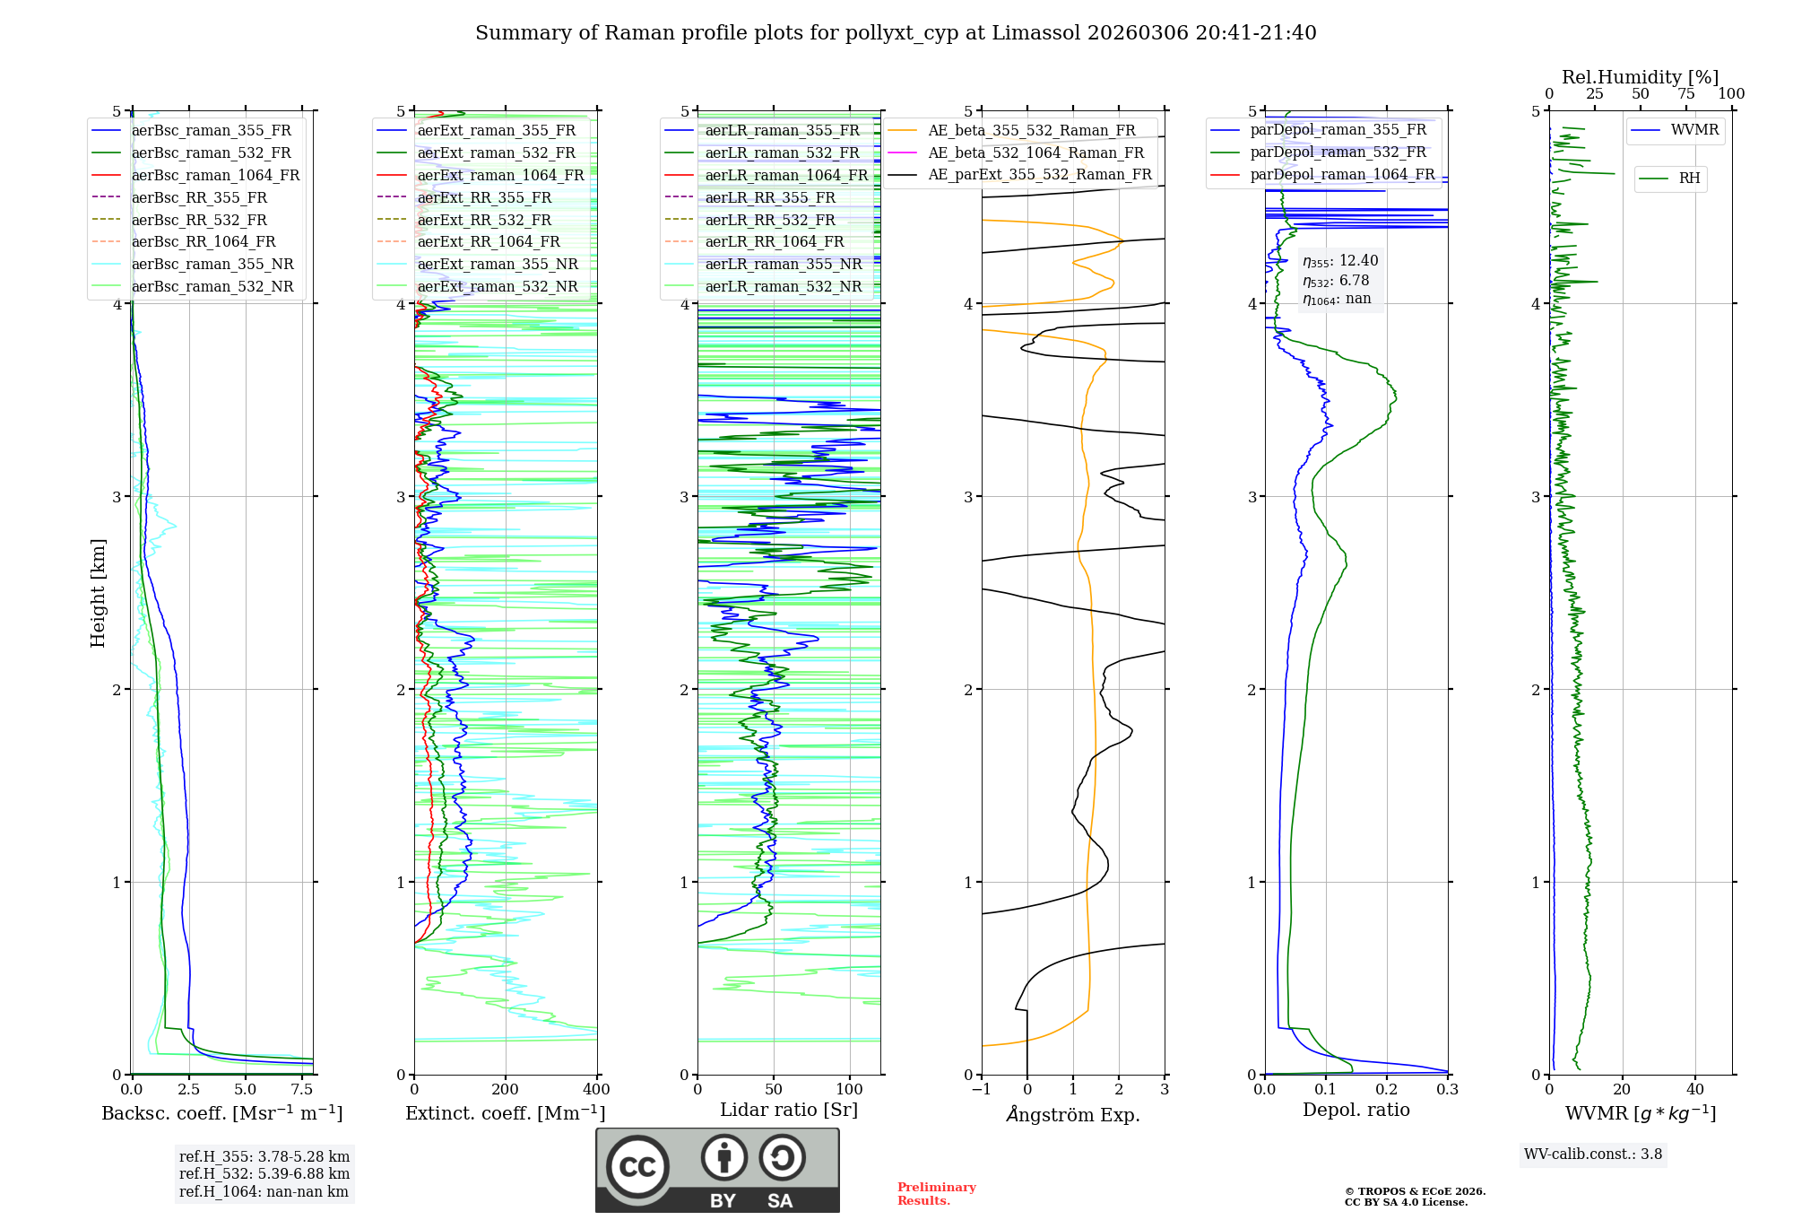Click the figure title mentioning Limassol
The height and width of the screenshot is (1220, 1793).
(x=896, y=33)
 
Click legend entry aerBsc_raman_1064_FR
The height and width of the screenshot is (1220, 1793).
(x=215, y=175)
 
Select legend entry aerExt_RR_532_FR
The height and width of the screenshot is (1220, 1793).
(x=484, y=220)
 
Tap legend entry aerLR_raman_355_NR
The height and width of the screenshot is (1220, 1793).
(x=783, y=264)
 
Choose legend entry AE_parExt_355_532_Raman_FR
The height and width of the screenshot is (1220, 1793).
(x=1039, y=174)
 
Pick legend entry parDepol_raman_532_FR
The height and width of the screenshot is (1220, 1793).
(x=1338, y=152)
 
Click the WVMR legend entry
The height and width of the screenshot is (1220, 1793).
(x=1693, y=130)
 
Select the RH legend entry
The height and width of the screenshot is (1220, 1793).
(x=1689, y=179)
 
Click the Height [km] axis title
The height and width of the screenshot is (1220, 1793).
(x=98, y=593)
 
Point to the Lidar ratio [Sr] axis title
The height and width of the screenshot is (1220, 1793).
(x=789, y=1110)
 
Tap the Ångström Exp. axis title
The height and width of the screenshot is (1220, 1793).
(x=1073, y=1114)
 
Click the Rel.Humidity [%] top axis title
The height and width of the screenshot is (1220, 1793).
(x=1640, y=77)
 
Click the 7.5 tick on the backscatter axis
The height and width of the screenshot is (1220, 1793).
(x=302, y=1089)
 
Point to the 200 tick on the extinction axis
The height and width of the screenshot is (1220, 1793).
(x=506, y=1089)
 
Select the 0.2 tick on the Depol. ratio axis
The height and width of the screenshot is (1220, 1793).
(x=1387, y=1089)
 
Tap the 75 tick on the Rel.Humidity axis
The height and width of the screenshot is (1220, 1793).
(x=1686, y=94)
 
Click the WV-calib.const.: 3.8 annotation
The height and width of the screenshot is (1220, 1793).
(x=1593, y=1155)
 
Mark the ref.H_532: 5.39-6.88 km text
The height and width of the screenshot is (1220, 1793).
(x=264, y=1173)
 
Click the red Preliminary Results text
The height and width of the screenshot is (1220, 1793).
(x=936, y=1194)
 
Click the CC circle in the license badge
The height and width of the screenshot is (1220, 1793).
(x=637, y=1166)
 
